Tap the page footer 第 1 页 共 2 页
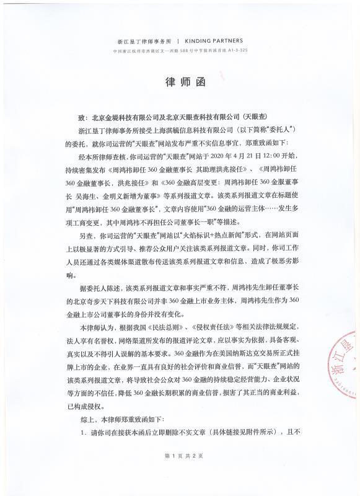pos(180,473)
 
